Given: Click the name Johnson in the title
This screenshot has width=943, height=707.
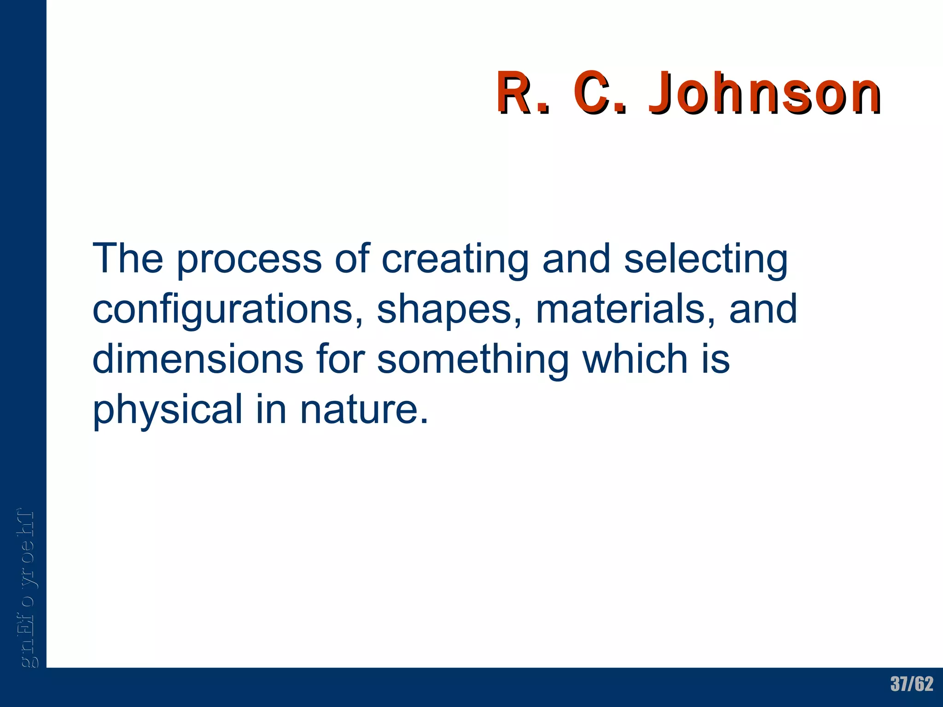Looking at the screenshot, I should click(764, 93).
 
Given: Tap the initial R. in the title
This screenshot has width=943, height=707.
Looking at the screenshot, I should click(523, 93).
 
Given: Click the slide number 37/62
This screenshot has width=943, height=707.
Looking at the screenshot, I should click(912, 684).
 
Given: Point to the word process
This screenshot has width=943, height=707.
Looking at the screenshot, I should click(249, 261).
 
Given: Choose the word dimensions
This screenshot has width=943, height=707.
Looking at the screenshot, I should click(198, 359).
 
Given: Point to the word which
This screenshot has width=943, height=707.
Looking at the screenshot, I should click(635, 359).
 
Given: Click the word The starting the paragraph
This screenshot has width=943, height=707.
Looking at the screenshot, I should click(128, 260).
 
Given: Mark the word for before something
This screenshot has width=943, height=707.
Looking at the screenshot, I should click(340, 359).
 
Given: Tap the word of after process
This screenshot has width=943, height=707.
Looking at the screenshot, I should click(352, 260).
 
